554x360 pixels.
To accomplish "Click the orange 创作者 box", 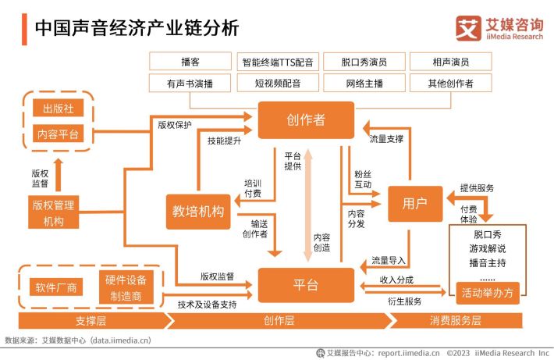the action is [306, 120].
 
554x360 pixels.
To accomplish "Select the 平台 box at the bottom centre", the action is [306, 285].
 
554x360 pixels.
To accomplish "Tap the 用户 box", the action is [415, 204].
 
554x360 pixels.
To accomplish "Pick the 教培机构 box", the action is [198, 212].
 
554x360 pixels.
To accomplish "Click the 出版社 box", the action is [58, 108].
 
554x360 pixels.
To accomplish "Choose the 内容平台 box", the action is [58, 134].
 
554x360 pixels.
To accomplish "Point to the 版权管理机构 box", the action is [53, 212].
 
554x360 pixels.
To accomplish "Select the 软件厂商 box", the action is [56, 287].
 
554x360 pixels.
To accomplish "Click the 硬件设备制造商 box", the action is [126, 287].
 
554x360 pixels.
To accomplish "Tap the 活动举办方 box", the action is [488, 293].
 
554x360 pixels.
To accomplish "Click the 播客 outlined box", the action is [190, 62].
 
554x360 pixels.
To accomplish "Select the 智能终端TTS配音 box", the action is [278, 62].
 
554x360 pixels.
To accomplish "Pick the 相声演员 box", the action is [450, 62].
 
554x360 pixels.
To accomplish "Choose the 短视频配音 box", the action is [278, 83].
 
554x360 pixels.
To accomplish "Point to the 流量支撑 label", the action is [386, 139].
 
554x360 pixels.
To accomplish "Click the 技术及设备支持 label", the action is [207, 305].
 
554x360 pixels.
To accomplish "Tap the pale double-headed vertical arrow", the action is [308, 205].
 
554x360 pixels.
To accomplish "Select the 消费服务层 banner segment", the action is [456, 321].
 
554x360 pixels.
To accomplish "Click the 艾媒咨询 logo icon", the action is [468, 28].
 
